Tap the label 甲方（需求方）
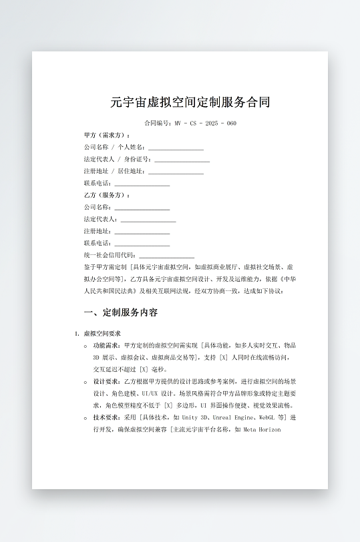107,135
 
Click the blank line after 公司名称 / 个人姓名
176,148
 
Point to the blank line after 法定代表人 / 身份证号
182,160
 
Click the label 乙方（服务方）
107,195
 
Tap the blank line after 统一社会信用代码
166,255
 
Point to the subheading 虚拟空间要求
102,333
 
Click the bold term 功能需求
106,345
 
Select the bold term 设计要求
106,381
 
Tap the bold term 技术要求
106,417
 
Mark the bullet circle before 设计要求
86,382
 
